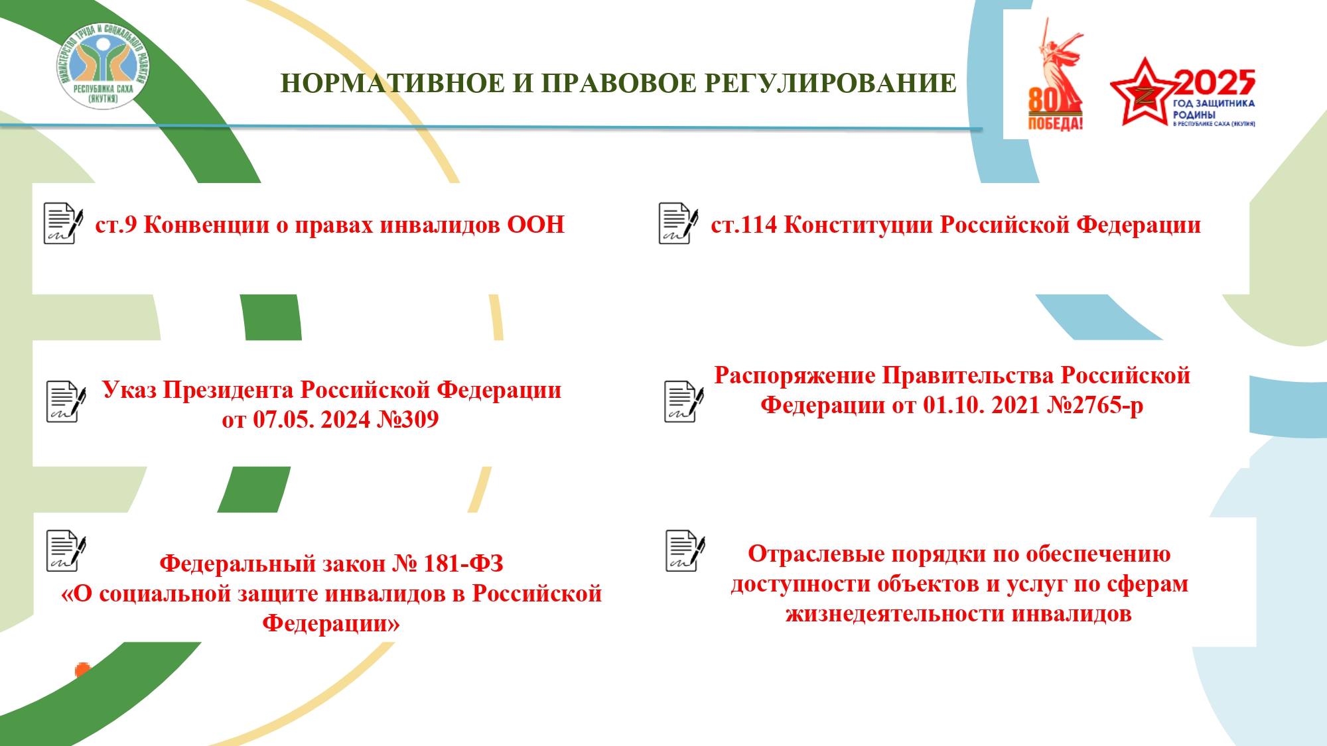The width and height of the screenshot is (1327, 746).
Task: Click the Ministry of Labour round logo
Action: point(103,66)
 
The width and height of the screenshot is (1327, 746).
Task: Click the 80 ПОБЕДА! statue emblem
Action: point(1056,74)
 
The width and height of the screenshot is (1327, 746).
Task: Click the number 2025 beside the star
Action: point(1215,83)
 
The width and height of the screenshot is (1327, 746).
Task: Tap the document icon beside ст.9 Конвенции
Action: point(64,223)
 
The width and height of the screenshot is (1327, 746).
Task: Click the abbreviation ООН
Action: point(535,225)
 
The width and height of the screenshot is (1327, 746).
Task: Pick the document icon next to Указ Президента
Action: point(66,401)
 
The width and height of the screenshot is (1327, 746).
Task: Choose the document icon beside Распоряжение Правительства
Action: point(684,401)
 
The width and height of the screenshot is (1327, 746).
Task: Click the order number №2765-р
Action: point(1095,405)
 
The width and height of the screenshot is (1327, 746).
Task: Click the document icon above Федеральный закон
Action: point(66,550)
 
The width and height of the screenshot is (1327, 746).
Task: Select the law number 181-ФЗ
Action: point(463,564)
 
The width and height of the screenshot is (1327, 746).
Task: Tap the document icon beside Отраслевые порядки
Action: point(685,550)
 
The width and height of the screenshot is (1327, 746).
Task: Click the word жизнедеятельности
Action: point(895,614)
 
